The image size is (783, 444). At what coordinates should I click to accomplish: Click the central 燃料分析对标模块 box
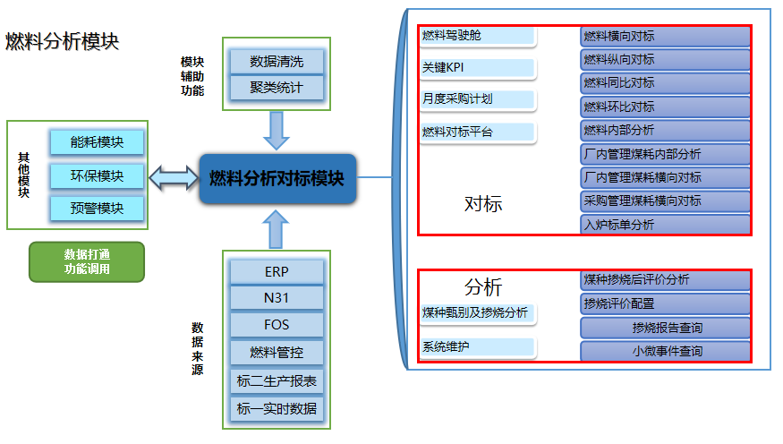pos(277,179)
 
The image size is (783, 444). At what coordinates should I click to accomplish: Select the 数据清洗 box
pos(277,62)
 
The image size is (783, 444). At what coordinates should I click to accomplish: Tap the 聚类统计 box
pos(277,88)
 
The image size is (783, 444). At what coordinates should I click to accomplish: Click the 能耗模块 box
pos(98,141)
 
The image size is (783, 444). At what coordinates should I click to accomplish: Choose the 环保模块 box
pos(98,175)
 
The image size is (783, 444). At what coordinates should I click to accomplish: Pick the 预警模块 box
pos(98,209)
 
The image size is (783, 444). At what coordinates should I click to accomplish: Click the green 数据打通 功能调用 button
pos(87,261)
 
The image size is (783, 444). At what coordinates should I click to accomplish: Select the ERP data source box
pos(277,271)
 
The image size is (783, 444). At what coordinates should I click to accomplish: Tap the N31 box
pos(277,298)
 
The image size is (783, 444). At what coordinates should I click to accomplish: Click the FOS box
pos(277,325)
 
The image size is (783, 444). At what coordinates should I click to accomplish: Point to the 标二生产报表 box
pos(277,381)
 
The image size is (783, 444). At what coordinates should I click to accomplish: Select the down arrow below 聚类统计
pos(277,131)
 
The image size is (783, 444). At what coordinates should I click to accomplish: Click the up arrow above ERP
pos(277,229)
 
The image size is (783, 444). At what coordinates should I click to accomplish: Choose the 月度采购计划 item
pos(478,99)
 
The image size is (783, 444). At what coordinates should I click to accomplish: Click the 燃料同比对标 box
pos(665,83)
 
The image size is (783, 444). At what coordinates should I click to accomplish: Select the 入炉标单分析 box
pos(665,225)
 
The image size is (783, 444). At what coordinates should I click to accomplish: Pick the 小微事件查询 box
pos(665,352)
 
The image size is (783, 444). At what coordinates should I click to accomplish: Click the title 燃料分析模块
pos(63,42)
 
